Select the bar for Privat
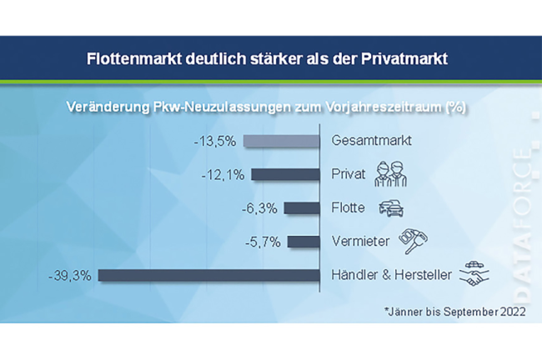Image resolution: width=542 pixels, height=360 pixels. [287, 175]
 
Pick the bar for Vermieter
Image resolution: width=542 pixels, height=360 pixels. [304, 242]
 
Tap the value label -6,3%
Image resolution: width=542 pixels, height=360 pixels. [260, 208]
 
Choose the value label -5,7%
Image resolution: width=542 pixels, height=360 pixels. [263, 242]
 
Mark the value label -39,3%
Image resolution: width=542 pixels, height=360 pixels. [73, 275]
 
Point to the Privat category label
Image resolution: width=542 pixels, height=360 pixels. [348, 175]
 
